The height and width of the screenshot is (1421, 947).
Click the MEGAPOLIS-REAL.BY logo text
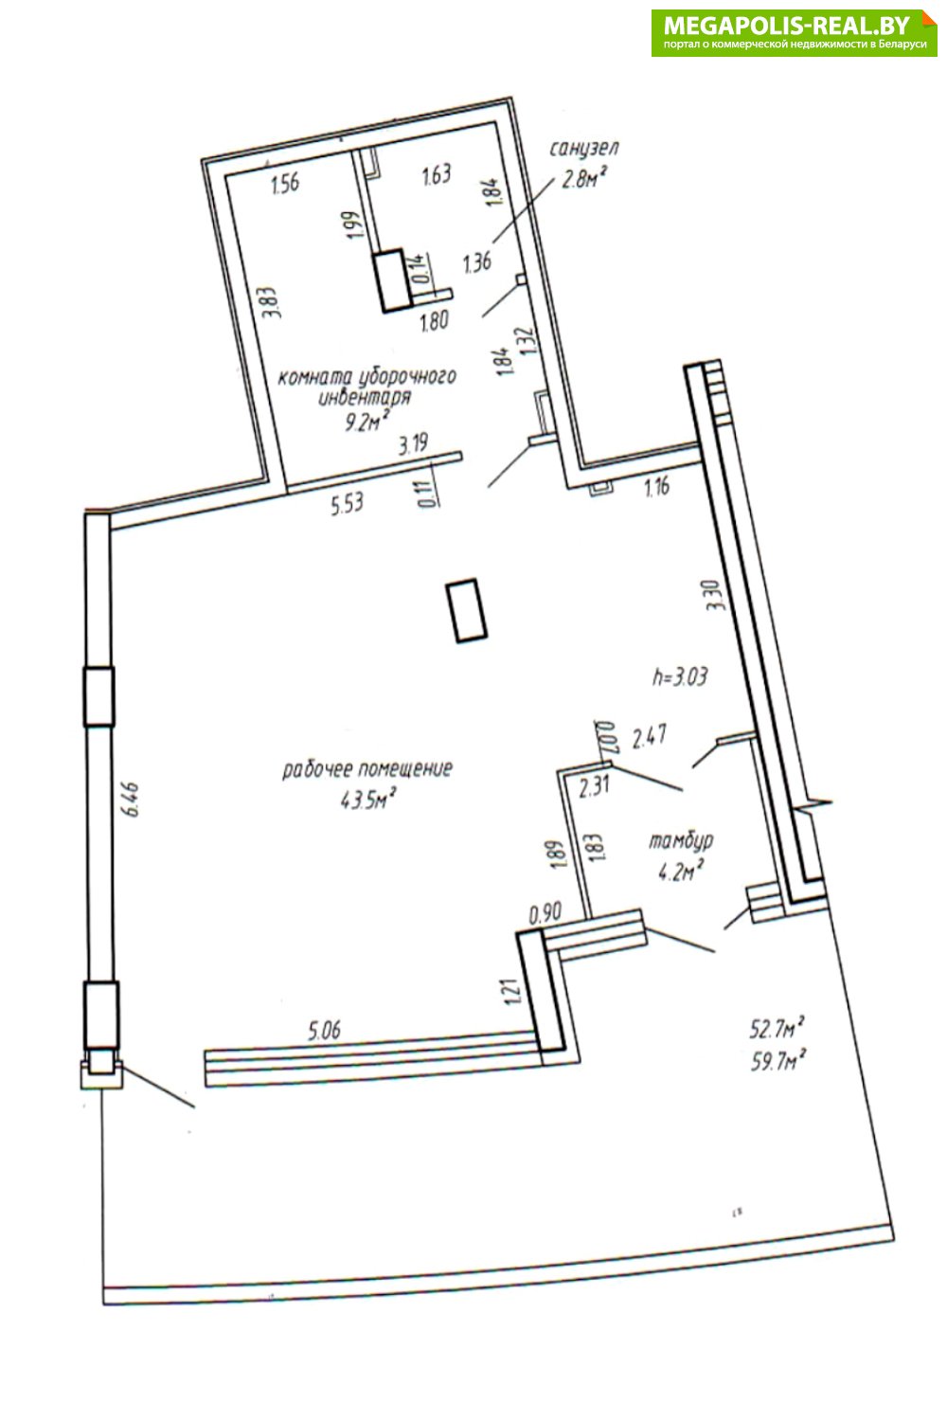tap(787, 26)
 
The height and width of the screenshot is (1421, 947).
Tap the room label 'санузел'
tap(583, 149)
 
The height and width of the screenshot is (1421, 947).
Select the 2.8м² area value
tap(581, 180)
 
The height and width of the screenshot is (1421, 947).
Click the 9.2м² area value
tap(366, 421)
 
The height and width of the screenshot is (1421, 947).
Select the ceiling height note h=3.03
tap(680, 677)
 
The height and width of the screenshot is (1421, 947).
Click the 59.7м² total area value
tap(778, 1061)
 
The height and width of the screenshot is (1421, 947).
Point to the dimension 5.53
tap(347, 504)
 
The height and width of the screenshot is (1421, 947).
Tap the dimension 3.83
tap(271, 303)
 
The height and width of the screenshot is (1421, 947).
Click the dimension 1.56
tap(285, 184)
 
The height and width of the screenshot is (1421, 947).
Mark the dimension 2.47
tap(649, 737)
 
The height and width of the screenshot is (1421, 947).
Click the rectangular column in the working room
tap(466, 611)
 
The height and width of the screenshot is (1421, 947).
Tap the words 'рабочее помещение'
tap(367, 769)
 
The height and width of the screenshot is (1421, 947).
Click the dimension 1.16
tap(656, 488)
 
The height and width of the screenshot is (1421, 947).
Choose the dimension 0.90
tap(545, 913)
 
